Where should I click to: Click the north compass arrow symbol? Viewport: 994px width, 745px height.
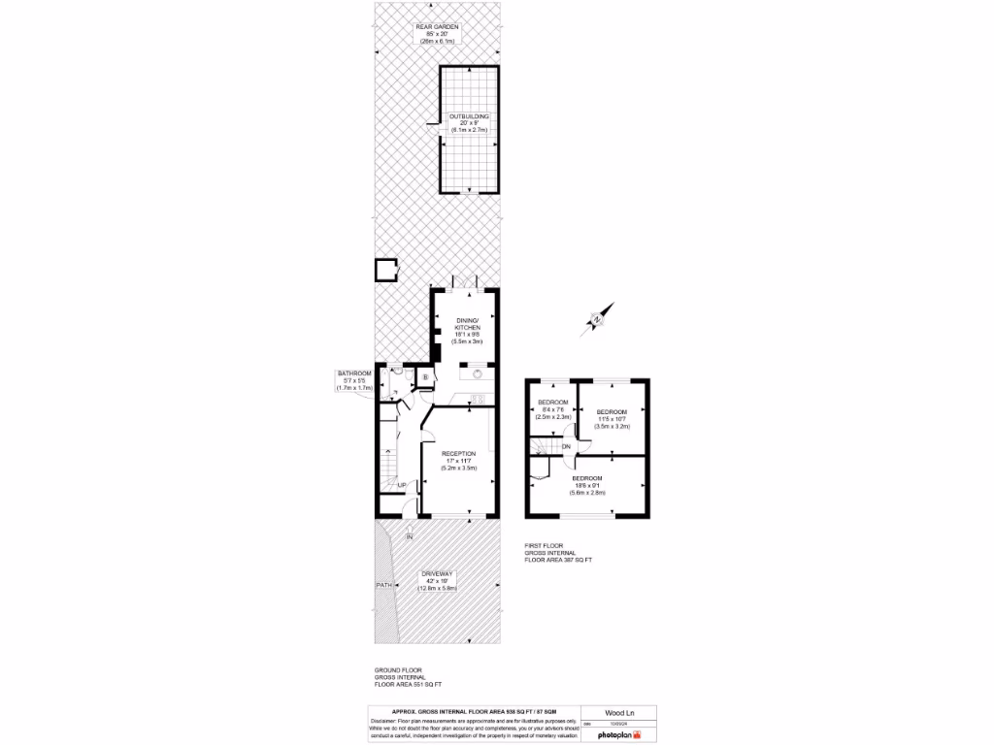595,317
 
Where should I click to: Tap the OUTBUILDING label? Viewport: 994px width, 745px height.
468,122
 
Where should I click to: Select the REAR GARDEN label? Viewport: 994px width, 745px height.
437,34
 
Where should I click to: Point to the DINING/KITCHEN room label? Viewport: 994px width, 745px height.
469,330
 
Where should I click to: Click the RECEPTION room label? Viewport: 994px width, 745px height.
458,460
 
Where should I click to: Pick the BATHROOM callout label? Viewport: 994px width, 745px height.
354,380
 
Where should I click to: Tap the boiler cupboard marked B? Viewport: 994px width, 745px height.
425,377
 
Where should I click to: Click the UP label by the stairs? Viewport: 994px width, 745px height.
402,484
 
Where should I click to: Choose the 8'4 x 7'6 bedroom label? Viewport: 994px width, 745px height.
553,408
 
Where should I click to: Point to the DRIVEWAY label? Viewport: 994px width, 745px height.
437,581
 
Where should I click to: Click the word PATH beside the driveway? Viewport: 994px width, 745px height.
384,585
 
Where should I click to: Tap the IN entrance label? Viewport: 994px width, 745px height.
410,536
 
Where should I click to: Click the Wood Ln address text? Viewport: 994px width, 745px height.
606,711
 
